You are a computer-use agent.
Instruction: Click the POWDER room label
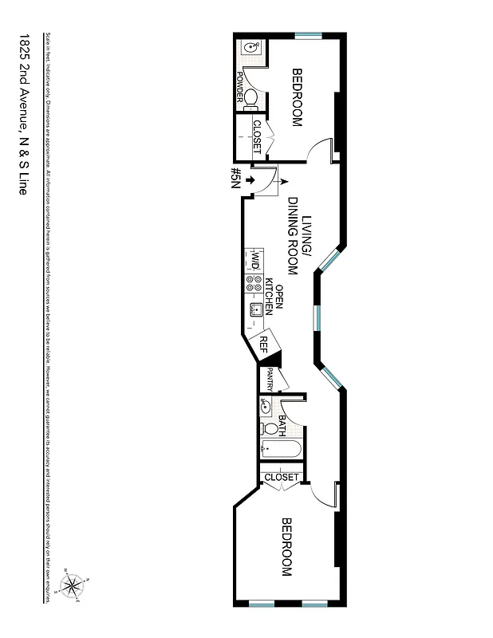click(239, 87)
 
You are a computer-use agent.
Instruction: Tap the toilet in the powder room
click(250, 99)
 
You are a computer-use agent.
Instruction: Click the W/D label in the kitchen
click(254, 260)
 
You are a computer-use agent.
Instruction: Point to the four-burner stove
click(254, 283)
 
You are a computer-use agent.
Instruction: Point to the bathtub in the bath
click(280, 451)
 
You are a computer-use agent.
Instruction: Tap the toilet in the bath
click(270, 429)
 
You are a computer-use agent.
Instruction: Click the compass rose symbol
click(73, 589)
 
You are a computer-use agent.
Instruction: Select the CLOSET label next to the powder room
click(257, 136)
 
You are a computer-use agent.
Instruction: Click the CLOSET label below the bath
click(281, 477)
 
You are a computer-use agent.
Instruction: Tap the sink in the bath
click(266, 407)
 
